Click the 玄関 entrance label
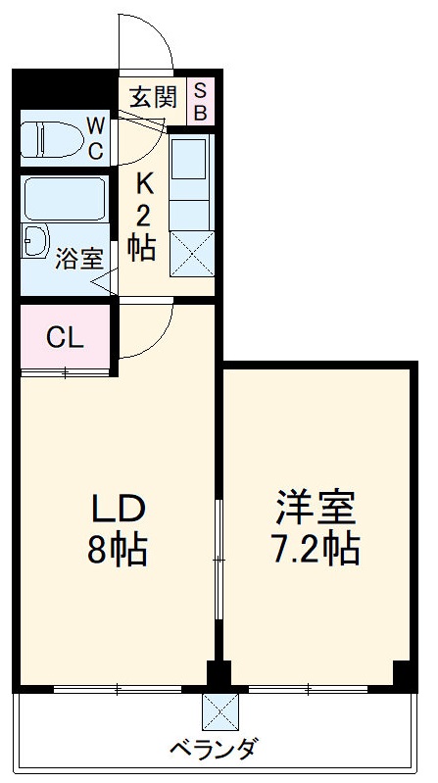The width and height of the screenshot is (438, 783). pyautogui.click(x=153, y=97)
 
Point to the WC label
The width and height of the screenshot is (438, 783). pyautogui.click(x=96, y=138)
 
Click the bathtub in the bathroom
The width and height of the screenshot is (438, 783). pyautogui.click(x=64, y=199)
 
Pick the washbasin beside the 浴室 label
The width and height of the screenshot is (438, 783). pyautogui.click(x=36, y=241)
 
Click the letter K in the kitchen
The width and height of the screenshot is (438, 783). pyautogui.click(x=144, y=183)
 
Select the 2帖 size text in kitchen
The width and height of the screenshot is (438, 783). pyautogui.click(x=143, y=231)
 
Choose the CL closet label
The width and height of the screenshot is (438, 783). pyautogui.click(x=65, y=339)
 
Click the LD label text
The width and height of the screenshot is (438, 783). pyautogui.click(x=119, y=509)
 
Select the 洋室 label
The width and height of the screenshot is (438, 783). pyautogui.click(x=315, y=507)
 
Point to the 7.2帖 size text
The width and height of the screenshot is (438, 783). pyautogui.click(x=315, y=550)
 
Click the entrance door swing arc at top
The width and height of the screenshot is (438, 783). pyautogui.click(x=147, y=44)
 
